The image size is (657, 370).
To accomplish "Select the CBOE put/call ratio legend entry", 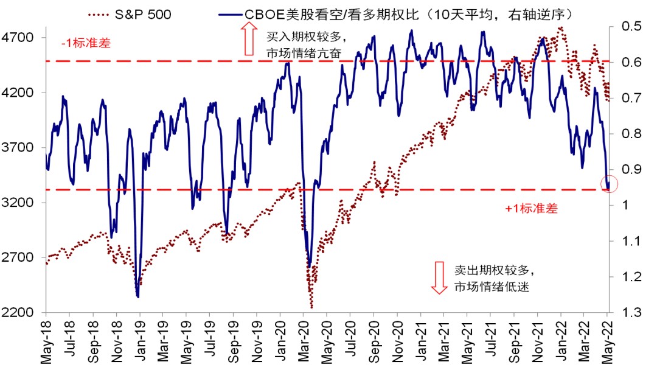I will (x=395, y=13).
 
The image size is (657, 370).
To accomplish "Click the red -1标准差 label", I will (x=86, y=44).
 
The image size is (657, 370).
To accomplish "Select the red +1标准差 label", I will (x=531, y=209).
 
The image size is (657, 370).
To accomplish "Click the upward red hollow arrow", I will (x=248, y=39).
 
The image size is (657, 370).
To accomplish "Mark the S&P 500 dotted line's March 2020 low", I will (x=311, y=307).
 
